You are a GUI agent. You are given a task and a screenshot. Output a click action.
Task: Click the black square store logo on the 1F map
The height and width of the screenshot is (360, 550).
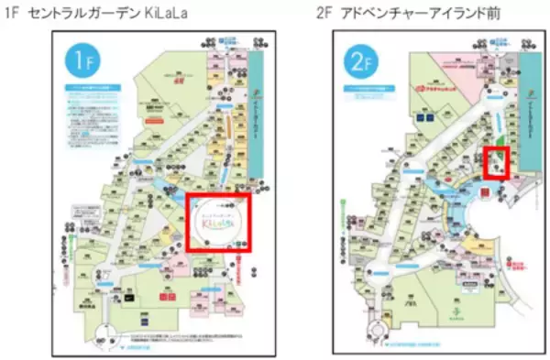[130, 297]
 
